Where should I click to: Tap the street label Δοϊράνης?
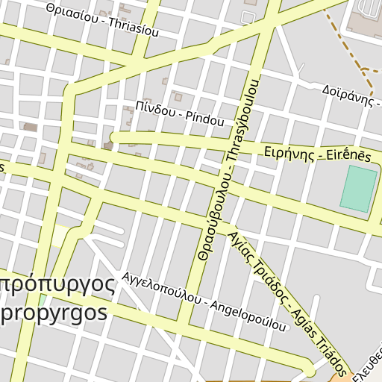pos(348,95)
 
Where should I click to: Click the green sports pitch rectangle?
pos(359,189)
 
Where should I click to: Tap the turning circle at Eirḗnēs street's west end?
pos(113,137)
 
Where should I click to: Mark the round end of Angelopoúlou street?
pos(309,370)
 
